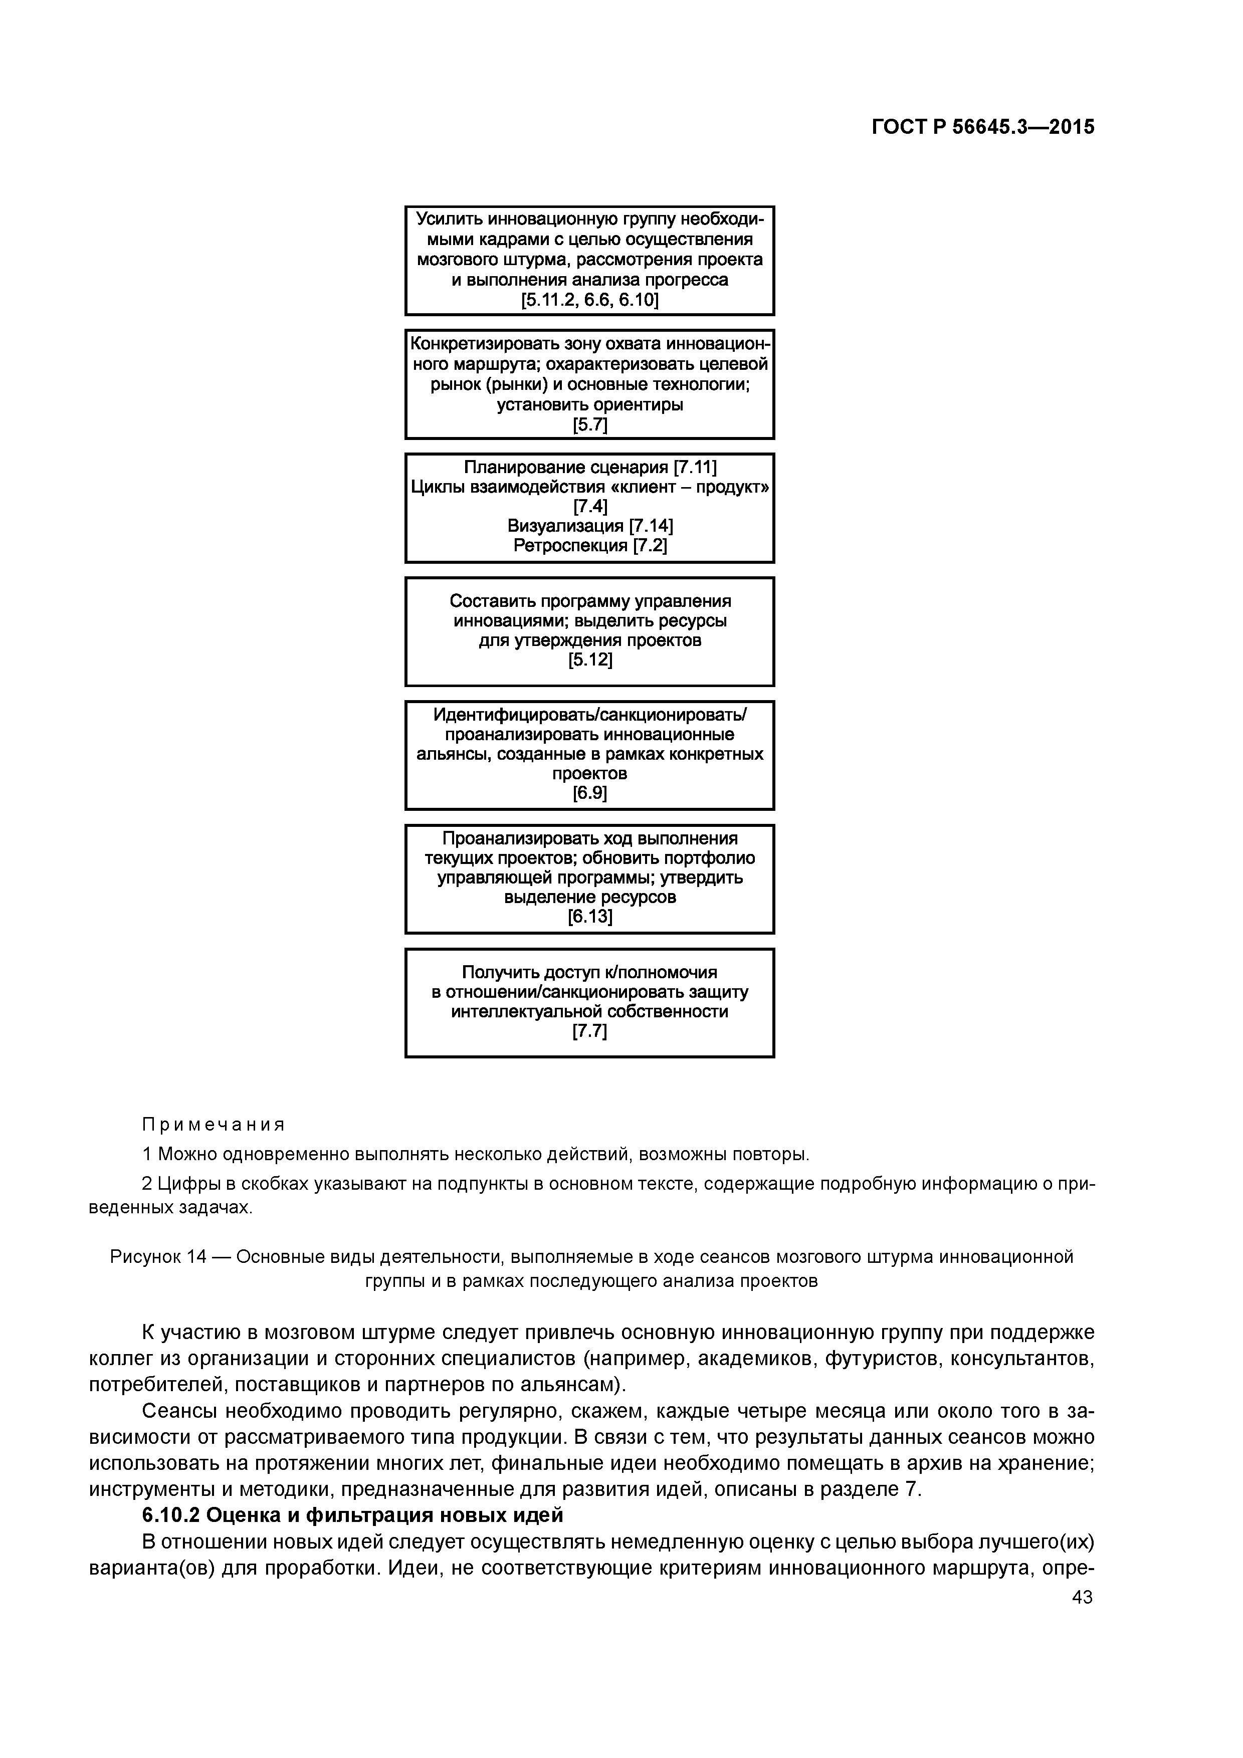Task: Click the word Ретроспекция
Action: (x=570, y=546)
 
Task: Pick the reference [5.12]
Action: (x=590, y=660)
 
